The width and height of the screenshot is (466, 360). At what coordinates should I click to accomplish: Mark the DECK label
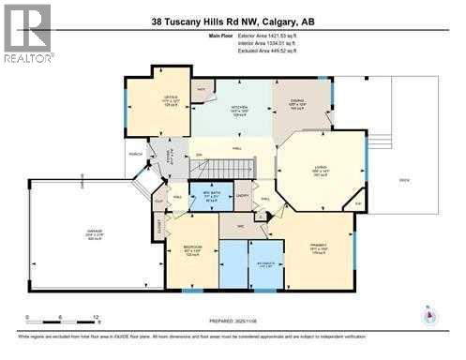point(404,179)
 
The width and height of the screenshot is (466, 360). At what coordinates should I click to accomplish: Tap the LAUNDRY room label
point(243,195)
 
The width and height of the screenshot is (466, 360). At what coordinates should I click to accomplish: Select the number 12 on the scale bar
point(97,319)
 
